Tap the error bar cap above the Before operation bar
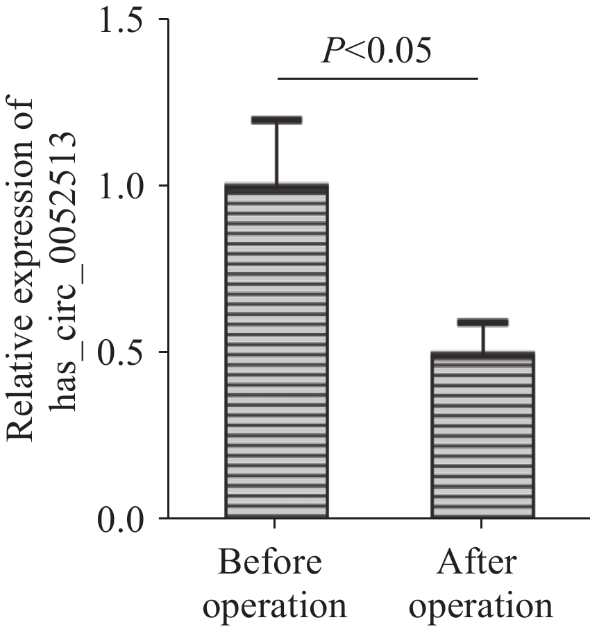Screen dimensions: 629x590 [x=276, y=120]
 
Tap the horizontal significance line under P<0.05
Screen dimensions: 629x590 [x=378, y=78]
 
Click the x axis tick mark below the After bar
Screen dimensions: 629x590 [x=483, y=524]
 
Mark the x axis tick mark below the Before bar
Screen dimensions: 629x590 [x=276, y=524]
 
